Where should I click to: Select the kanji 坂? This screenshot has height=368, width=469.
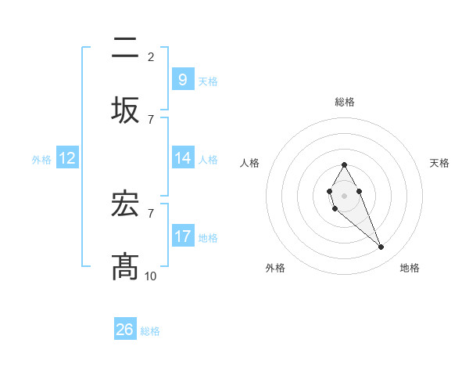pyautogui.click(x=126, y=110)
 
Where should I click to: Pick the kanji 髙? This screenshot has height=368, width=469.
pyautogui.click(x=126, y=267)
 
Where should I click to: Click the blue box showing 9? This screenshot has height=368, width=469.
pyautogui.click(x=182, y=79)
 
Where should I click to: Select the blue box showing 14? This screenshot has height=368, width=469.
pyautogui.click(x=182, y=158)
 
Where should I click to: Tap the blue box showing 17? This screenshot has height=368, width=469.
pyautogui.click(x=182, y=236)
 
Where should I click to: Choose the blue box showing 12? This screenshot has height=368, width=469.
pyautogui.click(x=66, y=158)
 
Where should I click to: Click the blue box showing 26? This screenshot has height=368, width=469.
pyautogui.click(x=124, y=330)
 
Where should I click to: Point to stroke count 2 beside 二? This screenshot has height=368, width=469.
pyautogui.click(x=151, y=56)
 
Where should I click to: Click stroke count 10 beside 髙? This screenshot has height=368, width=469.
pyautogui.click(x=151, y=276)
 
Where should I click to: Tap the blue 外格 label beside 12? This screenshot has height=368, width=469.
pyautogui.click(x=41, y=159)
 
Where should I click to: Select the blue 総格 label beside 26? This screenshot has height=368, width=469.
pyautogui.click(x=150, y=330)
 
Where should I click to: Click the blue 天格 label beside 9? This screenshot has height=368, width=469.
pyautogui.click(x=207, y=81)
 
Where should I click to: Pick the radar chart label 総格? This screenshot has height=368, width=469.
pyautogui.click(x=345, y=102)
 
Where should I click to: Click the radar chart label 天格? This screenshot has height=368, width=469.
pyautogui.click(x=440, y=163)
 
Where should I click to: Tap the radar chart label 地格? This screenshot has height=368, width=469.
pyautogui.click(x=410, y=268)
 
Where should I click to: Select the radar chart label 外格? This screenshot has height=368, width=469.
pyautogui.click(x=275, y=268)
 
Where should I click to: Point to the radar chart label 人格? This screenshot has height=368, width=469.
pyautogui.click(x=250, y=163)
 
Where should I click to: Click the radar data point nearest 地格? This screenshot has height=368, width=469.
pyautogui.click(x=381, y=247)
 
